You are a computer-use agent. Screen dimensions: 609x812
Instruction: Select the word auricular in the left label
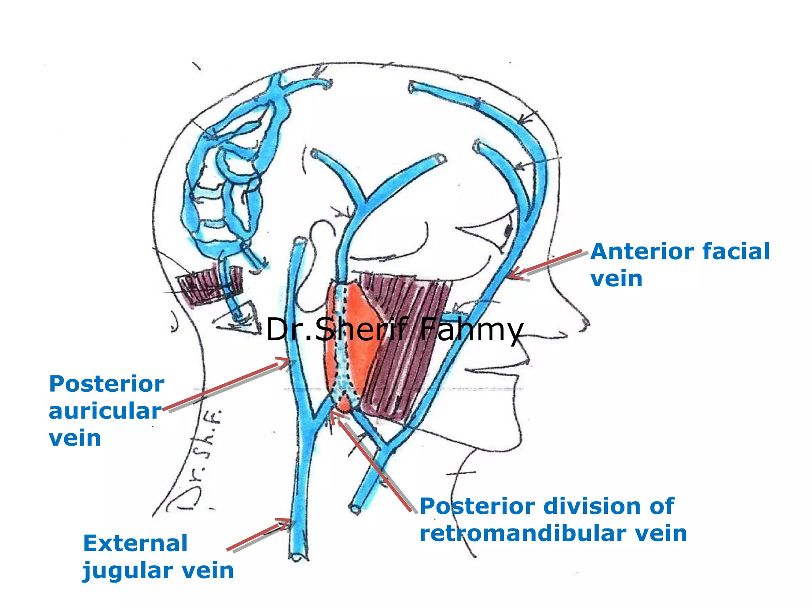(105, 411)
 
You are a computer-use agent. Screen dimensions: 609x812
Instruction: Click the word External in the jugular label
(135, 543)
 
